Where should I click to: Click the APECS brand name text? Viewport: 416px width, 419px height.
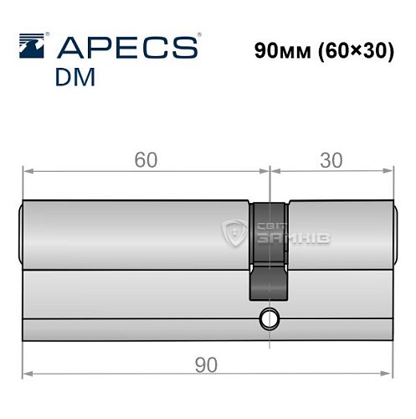[x=128, y=48]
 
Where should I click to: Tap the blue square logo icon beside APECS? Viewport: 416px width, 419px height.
[x=32, y=46]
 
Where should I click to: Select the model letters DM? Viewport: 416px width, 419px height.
[x=75, y=77]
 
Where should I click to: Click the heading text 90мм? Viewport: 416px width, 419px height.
[x=282, y=51]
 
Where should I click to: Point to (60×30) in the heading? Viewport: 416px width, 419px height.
[x=356, y=52]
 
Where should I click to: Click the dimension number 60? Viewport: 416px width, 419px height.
[x=146, y=160]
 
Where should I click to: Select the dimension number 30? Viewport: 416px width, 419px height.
[x=331, y=160]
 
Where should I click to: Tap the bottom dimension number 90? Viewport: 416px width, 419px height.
[x=206, y=365]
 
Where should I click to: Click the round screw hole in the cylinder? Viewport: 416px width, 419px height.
[x=270, y=318]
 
